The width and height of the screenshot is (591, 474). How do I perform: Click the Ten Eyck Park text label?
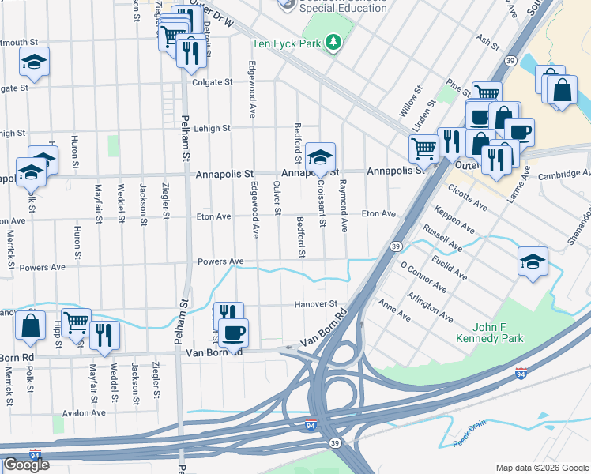pyautogui.click(x=286, y=43)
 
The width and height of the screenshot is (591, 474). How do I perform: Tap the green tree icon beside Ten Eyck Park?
pyautogui.click(x=333, y=42)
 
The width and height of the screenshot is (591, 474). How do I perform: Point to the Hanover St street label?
pyautogui.click(x=316, y=303)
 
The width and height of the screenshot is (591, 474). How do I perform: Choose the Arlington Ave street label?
pyautogui.click(x=429, y=306)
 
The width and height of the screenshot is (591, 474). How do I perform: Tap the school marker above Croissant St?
pyautogui.click(x=320, y=157)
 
